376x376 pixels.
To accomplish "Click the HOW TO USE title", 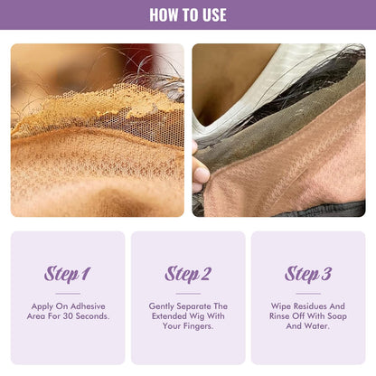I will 188,14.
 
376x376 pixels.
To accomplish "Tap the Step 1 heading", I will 68,274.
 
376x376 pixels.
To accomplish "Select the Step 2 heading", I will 188,274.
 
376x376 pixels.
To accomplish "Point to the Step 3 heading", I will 308,274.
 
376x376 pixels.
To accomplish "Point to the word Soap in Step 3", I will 334,315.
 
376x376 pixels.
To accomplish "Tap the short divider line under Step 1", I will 68,293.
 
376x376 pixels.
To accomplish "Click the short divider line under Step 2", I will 188,293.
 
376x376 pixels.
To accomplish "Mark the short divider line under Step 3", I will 308,293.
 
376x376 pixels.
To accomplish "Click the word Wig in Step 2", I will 218,315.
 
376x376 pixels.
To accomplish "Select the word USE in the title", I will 211,14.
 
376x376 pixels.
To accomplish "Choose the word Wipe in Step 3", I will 281,305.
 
